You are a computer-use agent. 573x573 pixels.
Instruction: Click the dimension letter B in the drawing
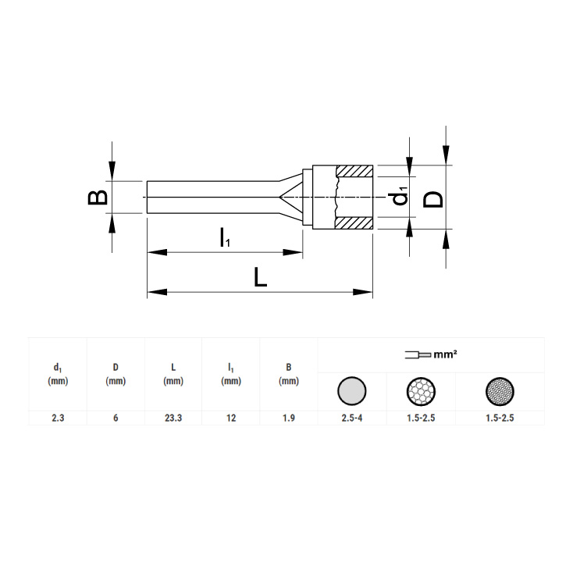(x=98, y=197)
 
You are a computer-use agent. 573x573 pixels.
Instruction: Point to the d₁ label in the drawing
(x=401, y=196)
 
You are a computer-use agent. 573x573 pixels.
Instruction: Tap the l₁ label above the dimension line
(x=225, y=237)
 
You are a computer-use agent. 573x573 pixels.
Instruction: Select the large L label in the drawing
(x=260, y=276)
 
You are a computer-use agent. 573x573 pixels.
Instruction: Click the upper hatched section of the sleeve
(x=354, y=171)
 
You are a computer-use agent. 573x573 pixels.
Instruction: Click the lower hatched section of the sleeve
(x=354, y=223)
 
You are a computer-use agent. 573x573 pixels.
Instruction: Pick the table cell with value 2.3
(x=58, y=418)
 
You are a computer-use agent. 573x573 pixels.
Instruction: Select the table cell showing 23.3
(x=173, y=418)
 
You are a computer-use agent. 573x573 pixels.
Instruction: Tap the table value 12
(x=231, y=418)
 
